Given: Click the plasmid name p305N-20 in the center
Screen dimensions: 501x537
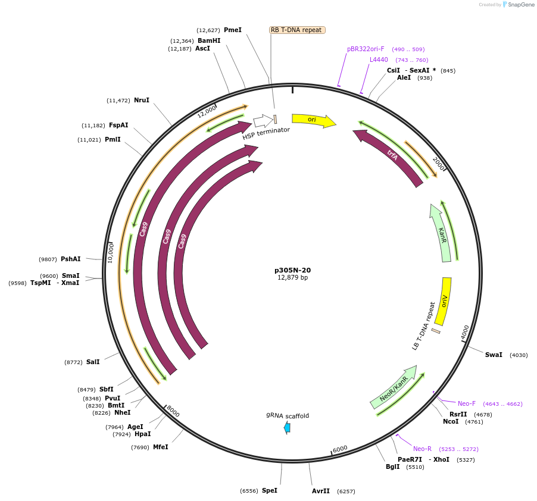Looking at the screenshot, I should tap(292, 270).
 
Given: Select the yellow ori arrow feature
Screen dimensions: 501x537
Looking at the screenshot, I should tap(313, 121).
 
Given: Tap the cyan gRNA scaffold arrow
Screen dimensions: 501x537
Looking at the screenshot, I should tap(288, 427).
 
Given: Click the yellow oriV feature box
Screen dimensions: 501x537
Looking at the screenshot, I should tap(445, 300).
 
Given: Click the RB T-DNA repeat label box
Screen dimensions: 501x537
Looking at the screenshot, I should tap(297, 30).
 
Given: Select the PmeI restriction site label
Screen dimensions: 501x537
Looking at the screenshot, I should tap(233, 30).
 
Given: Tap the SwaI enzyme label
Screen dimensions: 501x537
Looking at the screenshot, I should tap(494, 355).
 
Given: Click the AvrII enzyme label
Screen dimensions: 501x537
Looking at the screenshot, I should tap(321, 491).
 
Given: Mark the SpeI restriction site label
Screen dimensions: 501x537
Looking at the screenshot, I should tap(269, 490).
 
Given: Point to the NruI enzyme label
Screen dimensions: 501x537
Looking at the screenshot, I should tap(142, 100).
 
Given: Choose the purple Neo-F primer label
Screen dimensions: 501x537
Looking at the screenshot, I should tap(467, 403).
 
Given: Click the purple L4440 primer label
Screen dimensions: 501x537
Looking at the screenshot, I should tap(379, 60).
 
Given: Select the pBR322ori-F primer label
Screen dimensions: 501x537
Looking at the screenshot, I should tap(366, 49).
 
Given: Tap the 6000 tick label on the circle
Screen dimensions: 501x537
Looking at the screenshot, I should tap(340, 449).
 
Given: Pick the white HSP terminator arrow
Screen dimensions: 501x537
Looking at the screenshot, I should tap(262, 122).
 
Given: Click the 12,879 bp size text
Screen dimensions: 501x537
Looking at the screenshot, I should tap(292, 278).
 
